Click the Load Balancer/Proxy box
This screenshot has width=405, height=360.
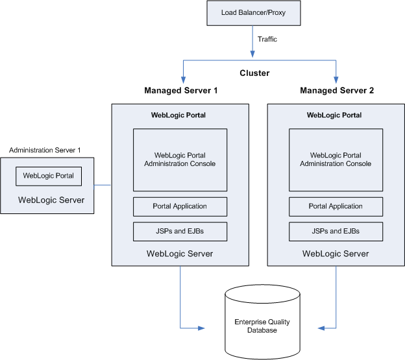pyautogui.click(x=252, y=12)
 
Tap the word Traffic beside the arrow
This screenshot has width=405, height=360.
pyautogui.click(x=267, y=39)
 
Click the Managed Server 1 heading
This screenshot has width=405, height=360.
pyautogui.click(x=180, y=90)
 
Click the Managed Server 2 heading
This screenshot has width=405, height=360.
pyautogui.click(x=336, y=90)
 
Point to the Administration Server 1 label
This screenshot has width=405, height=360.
pyautogui.click(x=45, y=150)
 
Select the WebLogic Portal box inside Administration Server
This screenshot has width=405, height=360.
pyautogui.click(x=49, y=175)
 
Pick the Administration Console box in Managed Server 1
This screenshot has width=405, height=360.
pyautogui.click(x=180, y=160)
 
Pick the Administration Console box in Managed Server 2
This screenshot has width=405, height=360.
pyautogui.click(x=336, y=160)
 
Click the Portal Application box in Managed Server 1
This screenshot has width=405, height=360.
pyautogui.click(x=180, y=206)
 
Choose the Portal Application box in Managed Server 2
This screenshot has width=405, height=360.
pyautogui.click(x=336, y=206)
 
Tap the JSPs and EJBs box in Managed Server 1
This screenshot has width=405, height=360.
pyautogui.click(x=180, y=231)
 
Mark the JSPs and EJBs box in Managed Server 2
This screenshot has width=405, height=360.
pyautogui.click(x=336, y=231)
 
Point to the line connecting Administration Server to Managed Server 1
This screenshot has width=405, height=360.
pyautogui.click(x=103, y=186)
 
